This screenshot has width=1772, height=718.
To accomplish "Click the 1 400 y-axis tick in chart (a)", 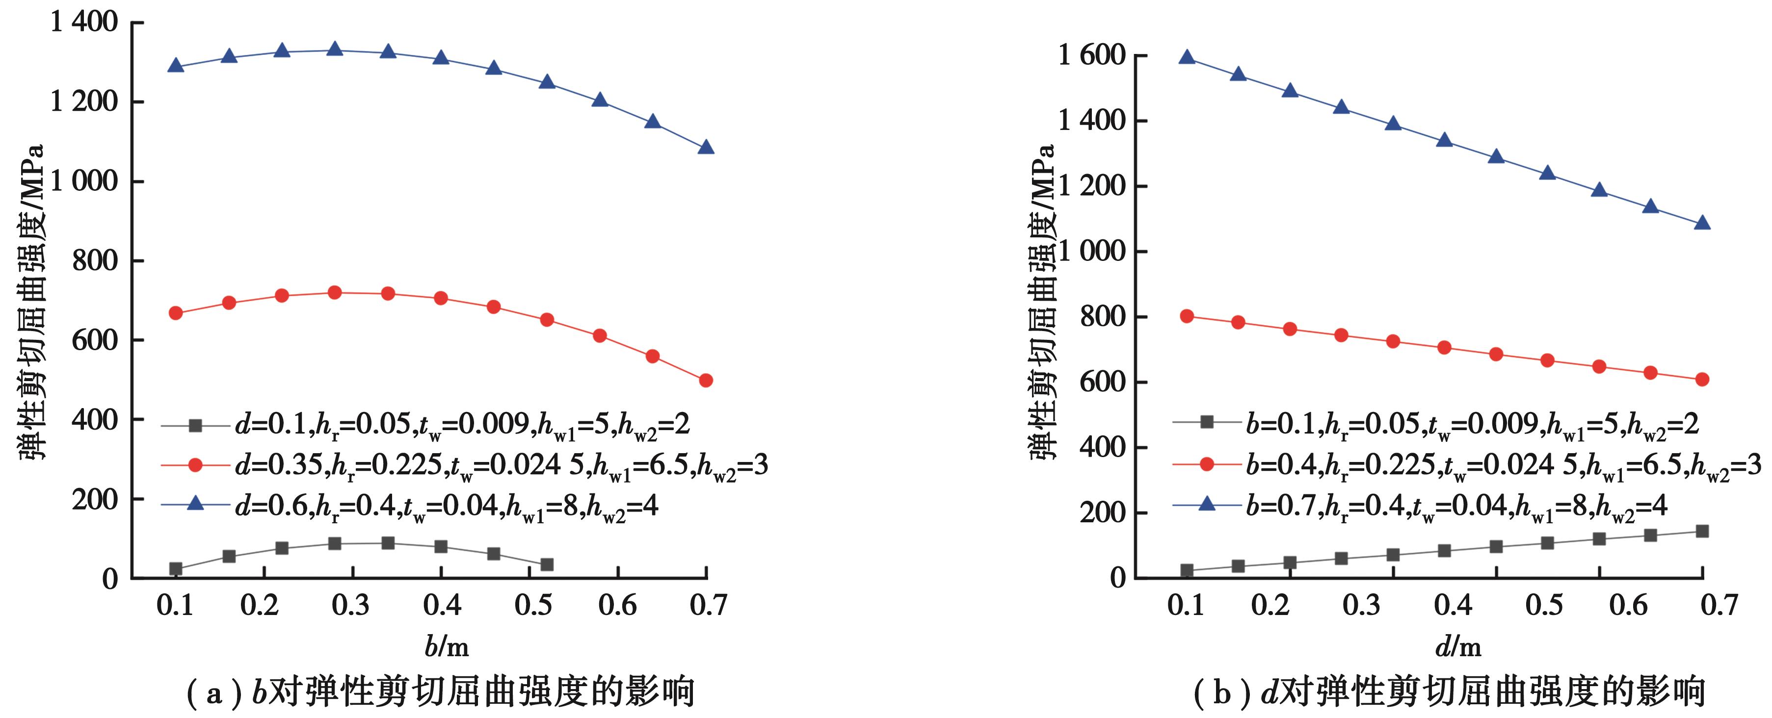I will click(x=84, y=23).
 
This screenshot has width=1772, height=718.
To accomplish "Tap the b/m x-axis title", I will click(x=447, y=646).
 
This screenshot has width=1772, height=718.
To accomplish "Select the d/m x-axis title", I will click(x=1457, y=646).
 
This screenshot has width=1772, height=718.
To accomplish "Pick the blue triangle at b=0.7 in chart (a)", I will click(x=706, y=147).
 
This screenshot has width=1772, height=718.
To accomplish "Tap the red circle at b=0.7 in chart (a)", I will click(x=706, y=380).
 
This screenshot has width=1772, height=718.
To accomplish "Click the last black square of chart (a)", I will click(x=547, y=564).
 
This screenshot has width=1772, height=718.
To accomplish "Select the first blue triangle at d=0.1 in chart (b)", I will click(x=1187, y=57).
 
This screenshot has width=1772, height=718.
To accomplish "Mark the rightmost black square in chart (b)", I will click(x=1702, y=531).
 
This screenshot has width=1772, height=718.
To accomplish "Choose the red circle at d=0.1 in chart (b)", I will click(x=1187, y=316).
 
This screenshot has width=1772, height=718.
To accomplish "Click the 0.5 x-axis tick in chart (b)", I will click(x=1544, y=605).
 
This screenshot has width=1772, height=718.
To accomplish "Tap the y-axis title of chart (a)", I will click(x=31, y=303).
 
